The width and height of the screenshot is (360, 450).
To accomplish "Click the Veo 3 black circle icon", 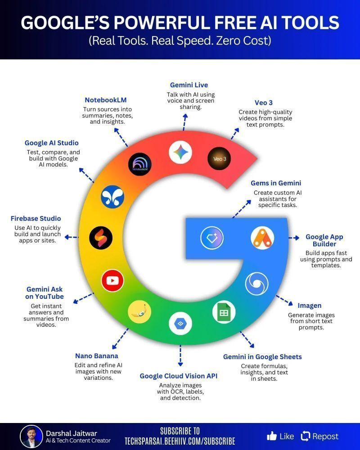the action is (219, 158).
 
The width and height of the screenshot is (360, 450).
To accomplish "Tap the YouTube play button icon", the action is (112, 281).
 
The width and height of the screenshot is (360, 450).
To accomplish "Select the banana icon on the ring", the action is (139, 312).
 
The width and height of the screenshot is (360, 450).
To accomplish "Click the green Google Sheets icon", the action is (224, 312).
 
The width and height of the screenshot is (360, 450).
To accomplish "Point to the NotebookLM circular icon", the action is (140, 164).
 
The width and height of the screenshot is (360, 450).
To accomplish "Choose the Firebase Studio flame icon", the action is (101, 238).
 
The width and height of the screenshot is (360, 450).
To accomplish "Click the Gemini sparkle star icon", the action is (180, 152).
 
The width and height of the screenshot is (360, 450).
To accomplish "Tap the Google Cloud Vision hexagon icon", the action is (180, 324).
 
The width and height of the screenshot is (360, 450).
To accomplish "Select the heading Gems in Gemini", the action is (276, 183).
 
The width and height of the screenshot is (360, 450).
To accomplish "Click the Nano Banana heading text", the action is (96, 356).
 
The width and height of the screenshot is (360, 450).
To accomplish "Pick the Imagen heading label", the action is (310, 306).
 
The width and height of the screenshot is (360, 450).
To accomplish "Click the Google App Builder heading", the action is (324, 240).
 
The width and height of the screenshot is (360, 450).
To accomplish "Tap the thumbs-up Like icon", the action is (272, 436).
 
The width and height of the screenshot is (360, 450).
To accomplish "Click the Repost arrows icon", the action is (306, 436).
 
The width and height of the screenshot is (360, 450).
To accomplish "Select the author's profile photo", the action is (31, 436).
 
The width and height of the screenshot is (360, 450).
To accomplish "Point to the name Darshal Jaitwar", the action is (72, 433).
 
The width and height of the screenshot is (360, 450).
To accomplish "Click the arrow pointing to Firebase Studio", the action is (72, 237).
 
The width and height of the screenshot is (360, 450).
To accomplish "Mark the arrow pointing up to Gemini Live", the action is (184, 122).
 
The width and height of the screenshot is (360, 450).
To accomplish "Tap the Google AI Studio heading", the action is (52, 143).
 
